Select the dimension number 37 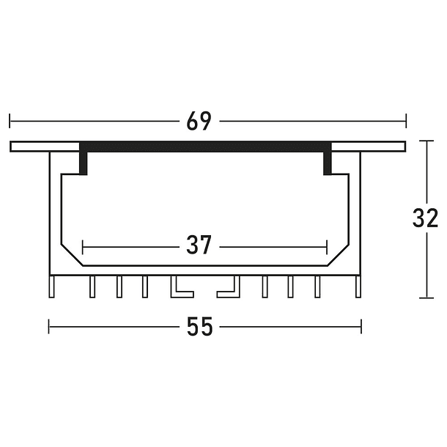tap(199, 245)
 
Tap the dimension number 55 tap(199, 328)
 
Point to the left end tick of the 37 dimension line tap(84, 245)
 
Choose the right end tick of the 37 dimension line tap(327, 245)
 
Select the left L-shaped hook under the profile tap(179, 289)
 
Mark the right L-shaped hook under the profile tap(229, 289)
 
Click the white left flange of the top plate tap(44, 146)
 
